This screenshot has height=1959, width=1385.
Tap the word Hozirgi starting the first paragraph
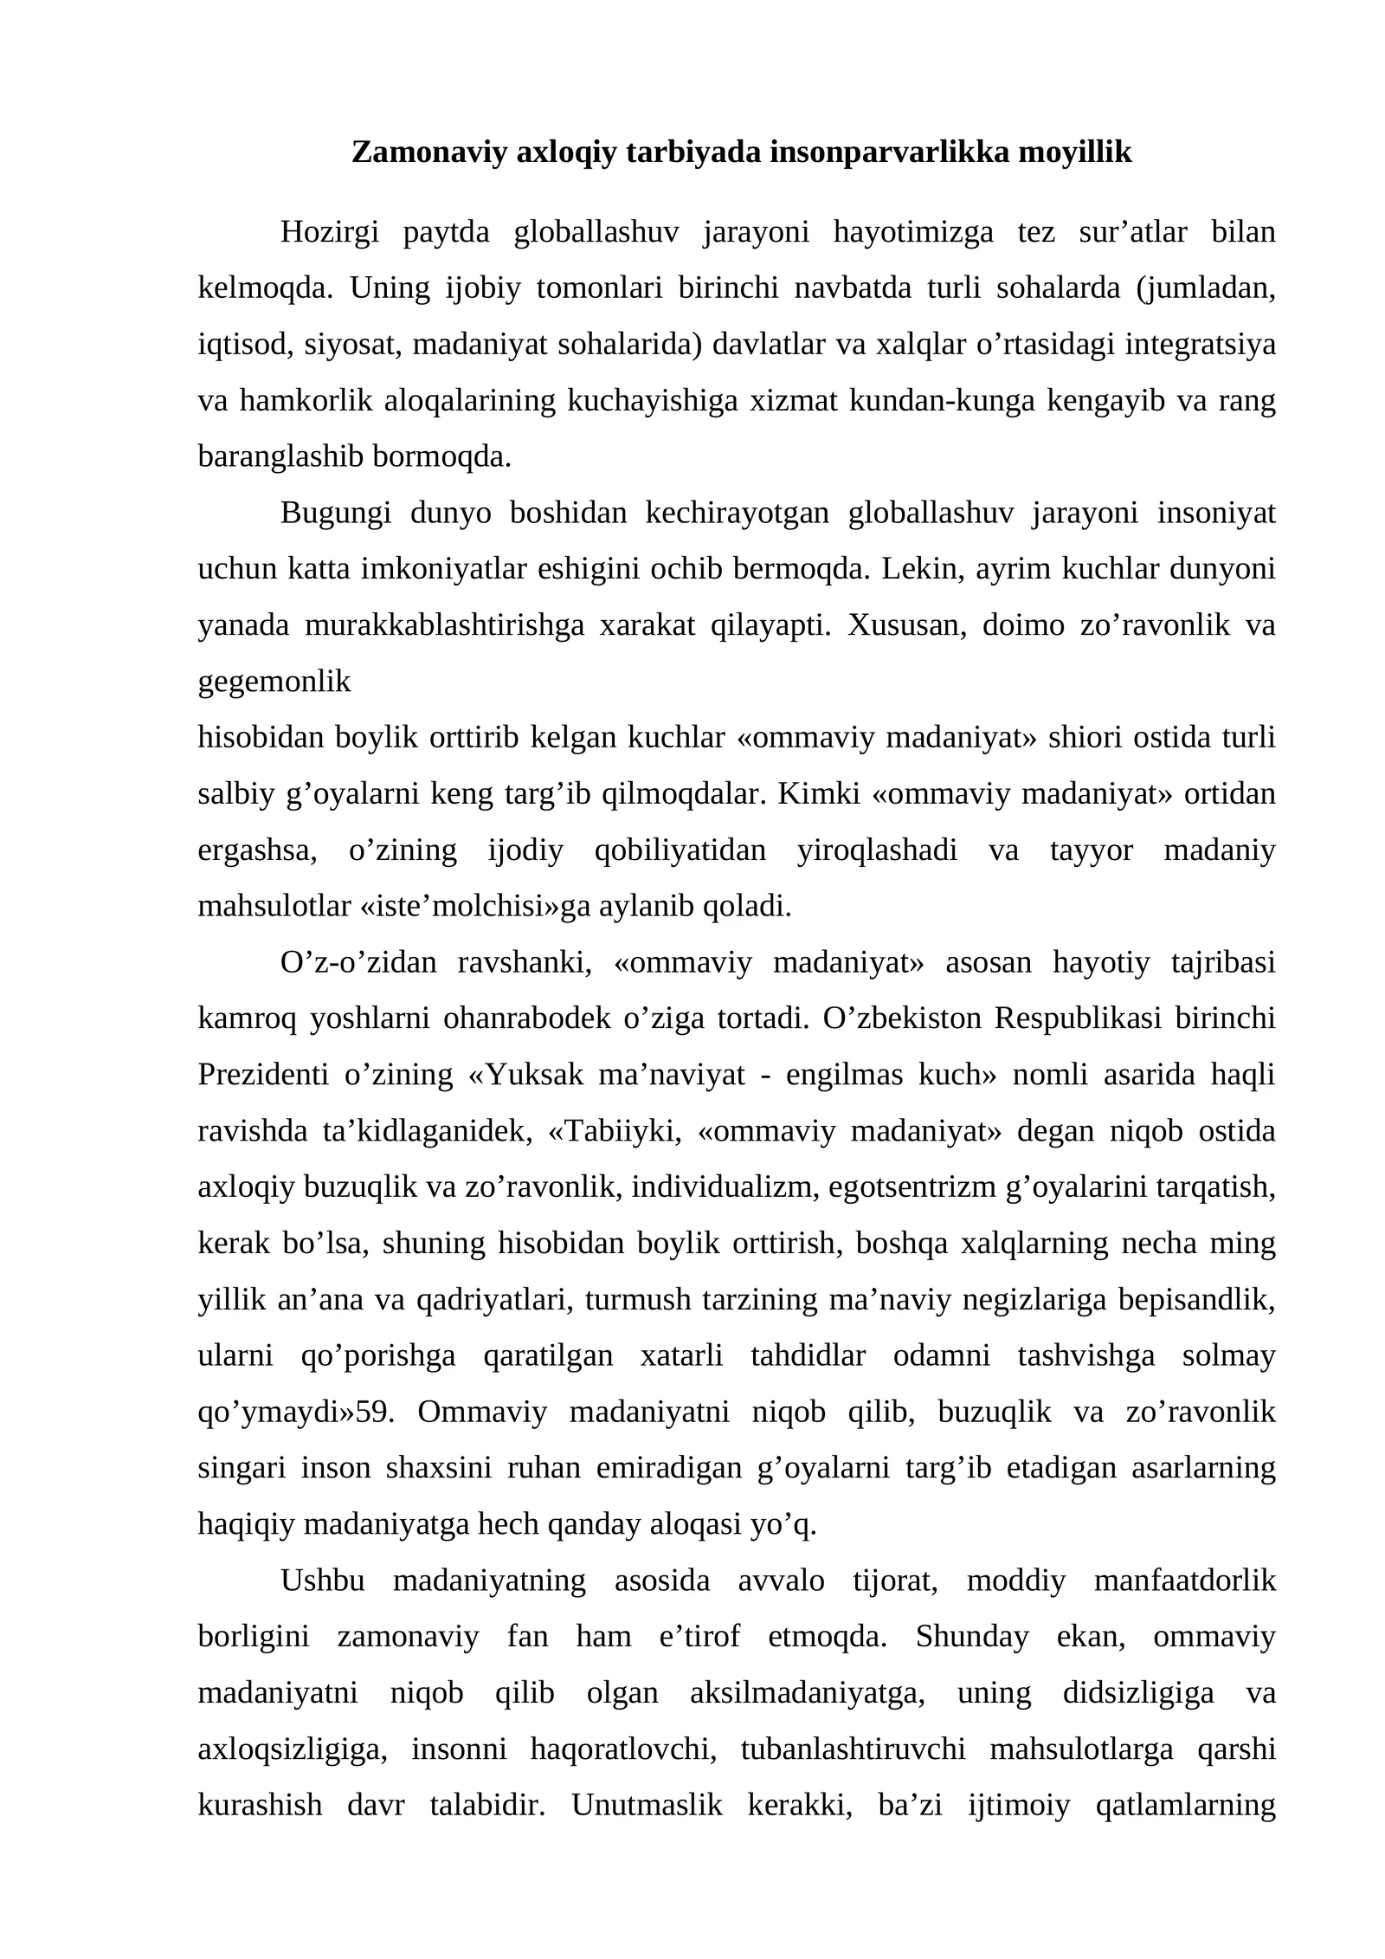point(330,232)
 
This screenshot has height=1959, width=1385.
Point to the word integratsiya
point(1201,345)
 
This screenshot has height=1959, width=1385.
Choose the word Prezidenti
point(263,1076)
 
